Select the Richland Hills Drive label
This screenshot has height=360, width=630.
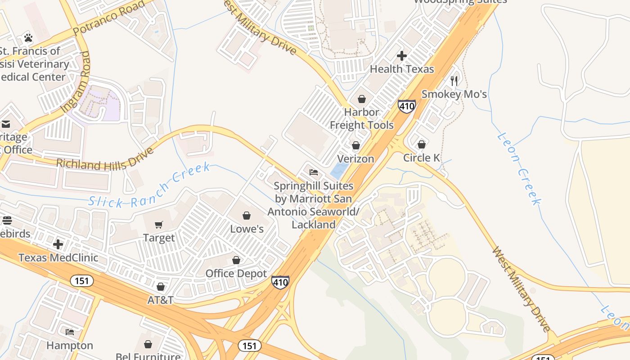[x=104, y=158]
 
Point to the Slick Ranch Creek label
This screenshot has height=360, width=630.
[x=149, y=185]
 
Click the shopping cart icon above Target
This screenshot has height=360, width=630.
[x=159, y=225]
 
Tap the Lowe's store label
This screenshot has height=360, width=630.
[x=247, y=229]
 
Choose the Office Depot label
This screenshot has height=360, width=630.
[x=236, y=273]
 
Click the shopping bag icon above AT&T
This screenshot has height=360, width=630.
[x=161, y=287]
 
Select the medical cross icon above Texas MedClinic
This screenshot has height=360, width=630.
[x=58, y=244]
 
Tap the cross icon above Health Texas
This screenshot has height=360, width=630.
[x=402, y=56]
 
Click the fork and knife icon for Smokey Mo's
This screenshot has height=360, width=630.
[x=454, y=81]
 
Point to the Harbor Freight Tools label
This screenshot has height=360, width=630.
[x=362, y=118]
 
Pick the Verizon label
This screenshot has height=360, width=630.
[x=355, y=159]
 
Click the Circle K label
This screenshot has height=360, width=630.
[x=421, y=157]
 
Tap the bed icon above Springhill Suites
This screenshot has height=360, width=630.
[x=314, y=172]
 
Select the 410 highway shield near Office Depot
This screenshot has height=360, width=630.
[x=280, y=282]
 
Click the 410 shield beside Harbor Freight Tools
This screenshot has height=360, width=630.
[x=406, y=106]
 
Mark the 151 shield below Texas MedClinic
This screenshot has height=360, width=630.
[x=81, y=281]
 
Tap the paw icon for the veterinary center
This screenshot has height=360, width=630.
[x=28, y=38]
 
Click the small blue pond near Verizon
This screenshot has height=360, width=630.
[x=338, y=170]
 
